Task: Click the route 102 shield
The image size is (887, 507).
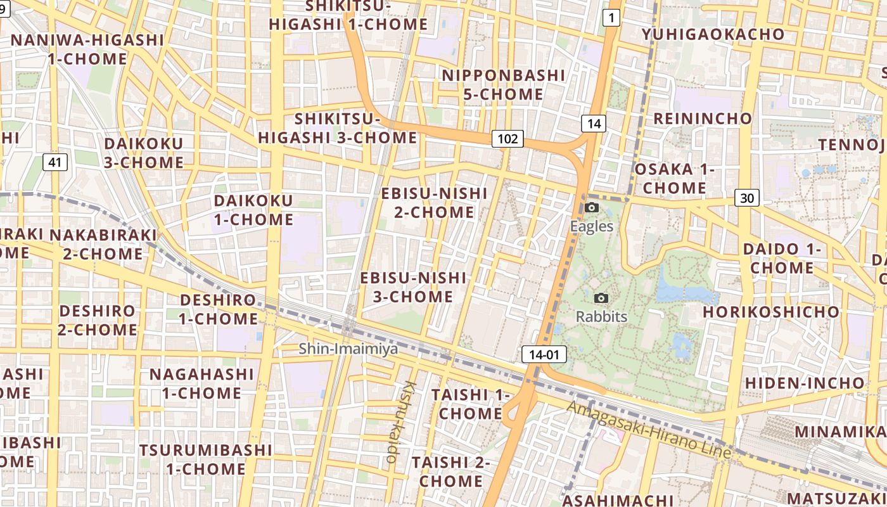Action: coord(508,139)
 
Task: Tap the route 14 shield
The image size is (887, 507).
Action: coord(593,123)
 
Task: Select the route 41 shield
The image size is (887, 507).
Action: coord(55,162)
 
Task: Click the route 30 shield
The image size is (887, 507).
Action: coord(747,198)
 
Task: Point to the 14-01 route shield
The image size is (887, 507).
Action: coord(544,354)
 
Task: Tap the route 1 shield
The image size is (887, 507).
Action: coord(611,18)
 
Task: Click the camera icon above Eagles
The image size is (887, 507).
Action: coord(592,208)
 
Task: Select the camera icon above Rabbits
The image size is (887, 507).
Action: coord(601,298)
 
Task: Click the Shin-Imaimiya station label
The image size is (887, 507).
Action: coord(348,348)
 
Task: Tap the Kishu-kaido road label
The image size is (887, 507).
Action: coord(398,421)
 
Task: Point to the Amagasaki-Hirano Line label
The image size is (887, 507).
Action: coord(649,430)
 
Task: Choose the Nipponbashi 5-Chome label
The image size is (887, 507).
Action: coord(503,85)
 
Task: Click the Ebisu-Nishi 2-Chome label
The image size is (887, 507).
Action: coord(434,202)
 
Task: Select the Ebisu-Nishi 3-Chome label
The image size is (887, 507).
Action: coord(412,287)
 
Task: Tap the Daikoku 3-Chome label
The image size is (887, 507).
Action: coord(143,153)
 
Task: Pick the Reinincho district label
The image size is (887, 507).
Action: coord(703,119)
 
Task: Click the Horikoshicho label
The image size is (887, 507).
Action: coord(770,312)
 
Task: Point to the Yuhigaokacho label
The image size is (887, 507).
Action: coord(713,34)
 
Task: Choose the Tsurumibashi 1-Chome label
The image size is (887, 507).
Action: coord(205,459)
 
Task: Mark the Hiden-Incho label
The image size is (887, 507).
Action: coord(804,383)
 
